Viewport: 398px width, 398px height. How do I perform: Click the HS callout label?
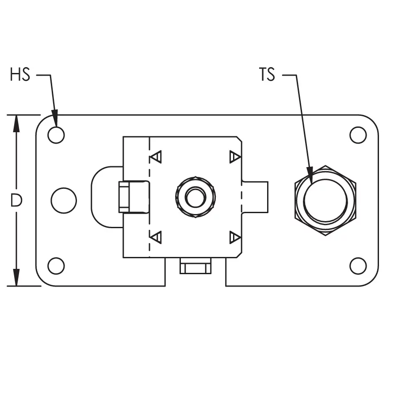20,74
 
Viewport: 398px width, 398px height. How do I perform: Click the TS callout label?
267,74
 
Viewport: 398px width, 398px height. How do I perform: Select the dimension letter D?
16,200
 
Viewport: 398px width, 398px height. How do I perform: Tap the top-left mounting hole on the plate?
56,135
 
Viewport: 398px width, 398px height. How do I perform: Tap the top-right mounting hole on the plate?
358,135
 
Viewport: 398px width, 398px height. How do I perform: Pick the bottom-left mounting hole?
56,266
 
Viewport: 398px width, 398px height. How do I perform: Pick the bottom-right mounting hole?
358,266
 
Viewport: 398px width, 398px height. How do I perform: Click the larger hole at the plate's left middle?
64,200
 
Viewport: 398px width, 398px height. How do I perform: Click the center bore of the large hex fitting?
325,200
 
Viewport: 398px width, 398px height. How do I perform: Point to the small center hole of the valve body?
195,197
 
